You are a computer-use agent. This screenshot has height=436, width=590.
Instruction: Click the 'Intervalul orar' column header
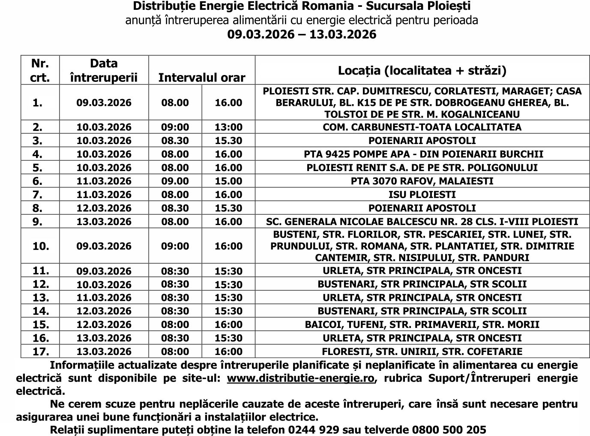coord(201,77)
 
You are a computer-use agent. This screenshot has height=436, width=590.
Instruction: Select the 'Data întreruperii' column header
coord(104,70)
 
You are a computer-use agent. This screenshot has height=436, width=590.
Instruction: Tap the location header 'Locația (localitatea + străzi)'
coord(422,70)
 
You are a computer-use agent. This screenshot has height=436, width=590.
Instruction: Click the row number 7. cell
coord(38,195)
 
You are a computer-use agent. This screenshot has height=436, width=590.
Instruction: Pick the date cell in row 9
coord(104,222)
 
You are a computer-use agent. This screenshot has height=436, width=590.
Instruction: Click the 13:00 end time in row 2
coord(228,127)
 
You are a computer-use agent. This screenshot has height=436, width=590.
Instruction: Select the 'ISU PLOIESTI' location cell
coord(422,195)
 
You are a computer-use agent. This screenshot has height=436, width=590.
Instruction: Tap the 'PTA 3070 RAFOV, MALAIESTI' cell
coord(422,181)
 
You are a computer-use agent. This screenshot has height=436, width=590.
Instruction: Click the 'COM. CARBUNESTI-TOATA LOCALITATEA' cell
coord(422,127)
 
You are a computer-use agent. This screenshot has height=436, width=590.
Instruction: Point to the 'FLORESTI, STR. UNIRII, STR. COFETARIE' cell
coord(422,352)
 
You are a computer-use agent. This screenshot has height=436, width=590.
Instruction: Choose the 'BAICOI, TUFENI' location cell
coord(422,325)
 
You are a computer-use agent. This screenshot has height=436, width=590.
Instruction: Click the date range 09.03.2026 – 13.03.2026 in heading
coord(302,34)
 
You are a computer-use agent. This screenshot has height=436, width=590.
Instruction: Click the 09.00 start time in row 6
coord(175,181)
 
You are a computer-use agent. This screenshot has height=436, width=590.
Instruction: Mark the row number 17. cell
coord(41,352)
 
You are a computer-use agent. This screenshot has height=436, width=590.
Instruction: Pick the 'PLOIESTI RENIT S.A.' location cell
coord(422,168)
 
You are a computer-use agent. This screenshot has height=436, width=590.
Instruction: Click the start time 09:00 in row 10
coord(175,246)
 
